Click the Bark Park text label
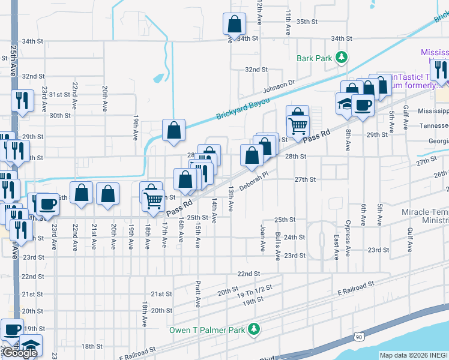tap(314, 58)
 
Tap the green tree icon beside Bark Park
tap(341, 57)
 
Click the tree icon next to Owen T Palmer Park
tap(254, 329)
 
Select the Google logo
tap(19, 353)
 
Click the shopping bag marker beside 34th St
tap(234, 25)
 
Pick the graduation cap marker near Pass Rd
tap(346, 103)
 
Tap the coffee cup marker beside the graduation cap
tap(363, 106)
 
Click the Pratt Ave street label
tap(197, 294)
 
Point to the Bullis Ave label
tap(277, 246)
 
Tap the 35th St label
tap(306, 22)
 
